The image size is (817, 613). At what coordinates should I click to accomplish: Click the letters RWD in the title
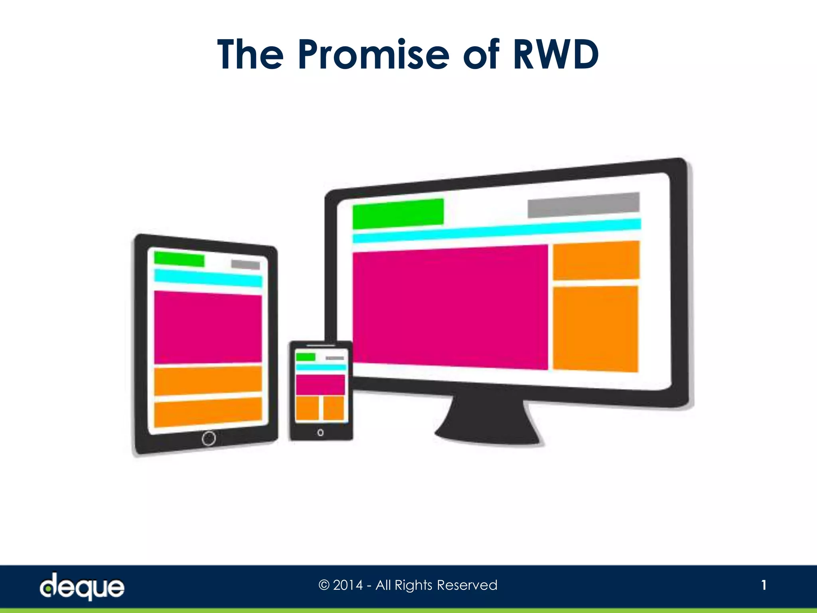tap(556, 55)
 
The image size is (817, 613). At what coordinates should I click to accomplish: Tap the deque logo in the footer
tap(82, 586)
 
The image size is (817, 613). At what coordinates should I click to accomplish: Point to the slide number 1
tap(764, 585)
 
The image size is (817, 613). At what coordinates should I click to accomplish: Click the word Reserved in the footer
tap(467, 585)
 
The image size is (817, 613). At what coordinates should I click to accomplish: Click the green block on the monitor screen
tap(398, 214)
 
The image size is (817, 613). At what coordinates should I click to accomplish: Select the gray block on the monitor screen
tap(583, 205)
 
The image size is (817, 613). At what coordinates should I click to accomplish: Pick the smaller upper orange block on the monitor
tap(596, 260)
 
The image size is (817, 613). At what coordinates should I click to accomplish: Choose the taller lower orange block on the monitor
tap(595, 329)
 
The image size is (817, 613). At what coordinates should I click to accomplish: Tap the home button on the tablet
tap(209, 438)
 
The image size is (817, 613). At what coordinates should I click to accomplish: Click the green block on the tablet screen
tap(179, 259)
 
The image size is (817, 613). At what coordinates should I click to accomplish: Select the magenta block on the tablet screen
tap(208, 328)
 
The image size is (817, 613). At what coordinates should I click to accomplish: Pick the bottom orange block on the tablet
tap(208, 411)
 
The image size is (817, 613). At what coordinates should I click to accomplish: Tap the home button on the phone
tap(320, 433)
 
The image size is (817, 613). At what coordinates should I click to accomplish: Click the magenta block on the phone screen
tap(320, 384)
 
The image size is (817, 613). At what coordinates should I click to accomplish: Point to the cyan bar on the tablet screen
tap(208, 278)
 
